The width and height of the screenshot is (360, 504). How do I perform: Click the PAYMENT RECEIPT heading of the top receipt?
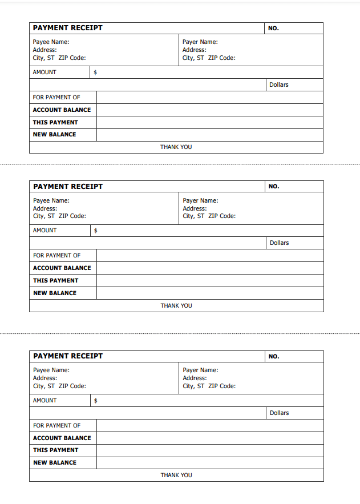coord(67,28)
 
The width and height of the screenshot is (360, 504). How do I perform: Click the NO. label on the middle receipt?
coord(274,187)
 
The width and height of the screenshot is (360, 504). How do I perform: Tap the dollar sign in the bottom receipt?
coord(95,401)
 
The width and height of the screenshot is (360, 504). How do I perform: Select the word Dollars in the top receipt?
coord(279,85)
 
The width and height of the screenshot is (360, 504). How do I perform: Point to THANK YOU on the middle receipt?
coord(176,306)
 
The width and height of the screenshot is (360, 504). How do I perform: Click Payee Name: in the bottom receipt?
coord(51,370)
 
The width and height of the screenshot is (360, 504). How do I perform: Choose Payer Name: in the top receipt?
coord(200,42)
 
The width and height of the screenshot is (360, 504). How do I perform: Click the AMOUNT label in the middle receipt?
coord(45,231)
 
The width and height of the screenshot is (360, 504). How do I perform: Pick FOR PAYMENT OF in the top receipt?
coord(56,98)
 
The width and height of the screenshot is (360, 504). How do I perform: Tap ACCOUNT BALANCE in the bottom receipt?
coord(62,438)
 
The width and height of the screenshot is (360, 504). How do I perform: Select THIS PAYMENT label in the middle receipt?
coord(55,281)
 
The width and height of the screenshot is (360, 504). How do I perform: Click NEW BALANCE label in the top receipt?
coord(54,135)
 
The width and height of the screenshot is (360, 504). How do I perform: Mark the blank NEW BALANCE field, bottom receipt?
coord(209,463)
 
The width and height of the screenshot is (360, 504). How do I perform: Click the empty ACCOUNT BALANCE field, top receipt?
coord(209,110)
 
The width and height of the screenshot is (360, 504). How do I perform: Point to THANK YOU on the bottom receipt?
coord(176,475)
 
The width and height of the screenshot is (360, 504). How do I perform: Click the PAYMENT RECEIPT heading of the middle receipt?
coord(68,187)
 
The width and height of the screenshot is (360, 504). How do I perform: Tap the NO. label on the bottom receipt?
coord(274,357)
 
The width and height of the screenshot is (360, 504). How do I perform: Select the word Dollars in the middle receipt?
coord(280,243)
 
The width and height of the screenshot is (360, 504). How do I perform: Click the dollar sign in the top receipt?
coord(95,72)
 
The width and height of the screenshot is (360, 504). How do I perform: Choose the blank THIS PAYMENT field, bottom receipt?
coord(209,450)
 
